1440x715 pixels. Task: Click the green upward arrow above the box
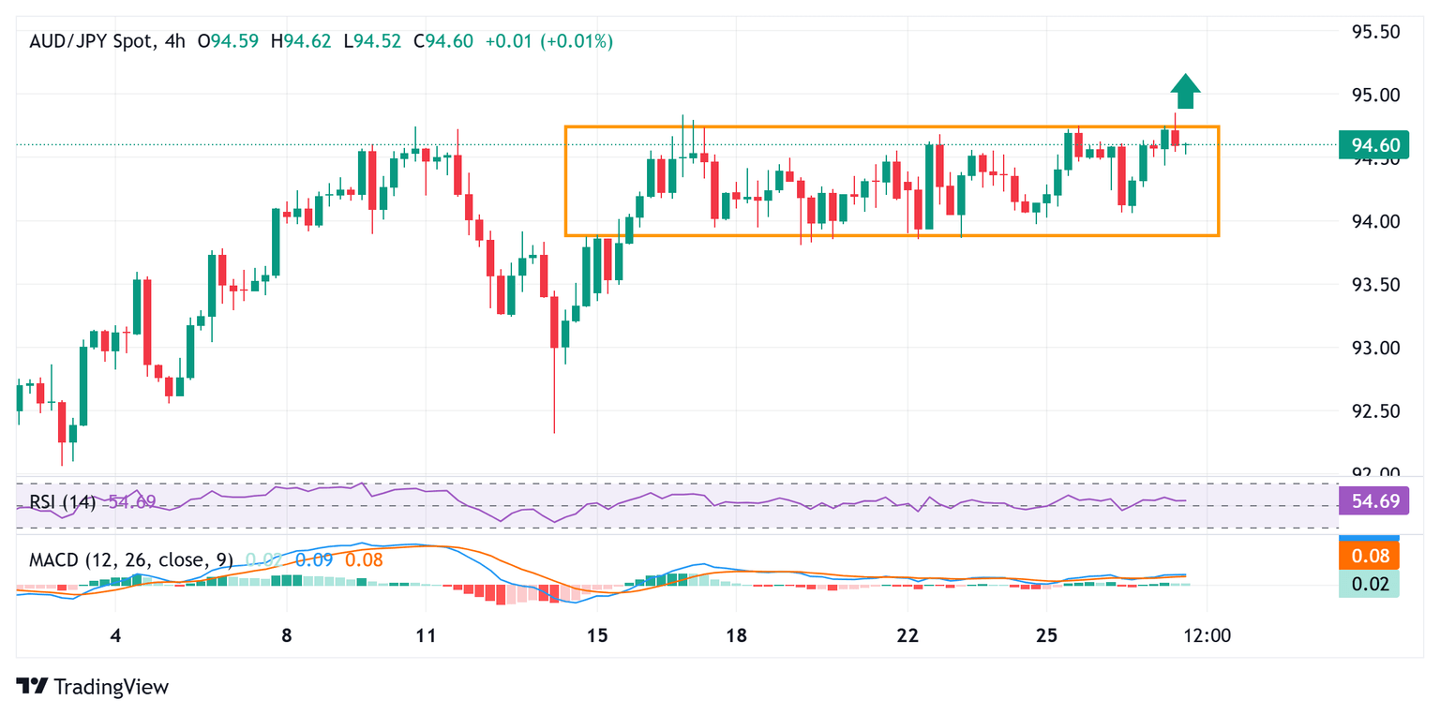click(x=1186, y=91)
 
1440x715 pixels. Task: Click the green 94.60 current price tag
click(x=1375, y=145)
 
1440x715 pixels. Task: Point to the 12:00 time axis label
click(x=1207, y=636)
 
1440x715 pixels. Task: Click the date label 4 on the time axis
click(x=115, y=636)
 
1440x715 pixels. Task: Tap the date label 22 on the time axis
click(x=907, y=636)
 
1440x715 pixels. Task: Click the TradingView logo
click(x=93, y=686)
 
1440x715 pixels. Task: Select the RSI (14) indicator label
click(x=62, y=502)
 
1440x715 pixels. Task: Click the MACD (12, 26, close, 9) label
click(x=130, y=560)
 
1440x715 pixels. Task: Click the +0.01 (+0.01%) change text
click(x=548, y=41)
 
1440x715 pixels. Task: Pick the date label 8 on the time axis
click(x=286, y=636)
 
